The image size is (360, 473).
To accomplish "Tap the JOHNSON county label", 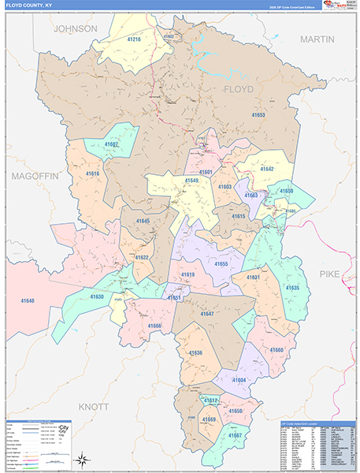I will pos(75,28).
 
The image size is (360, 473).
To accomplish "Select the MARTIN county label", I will pos(317,39).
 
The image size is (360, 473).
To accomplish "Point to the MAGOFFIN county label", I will pos(35,177).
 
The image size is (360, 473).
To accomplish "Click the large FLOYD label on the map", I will pos(239,89).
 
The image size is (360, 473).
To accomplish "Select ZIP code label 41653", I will pos(258,115).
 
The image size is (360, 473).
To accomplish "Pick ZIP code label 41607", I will pos(111,145).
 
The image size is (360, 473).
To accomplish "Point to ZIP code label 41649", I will pos(191,181).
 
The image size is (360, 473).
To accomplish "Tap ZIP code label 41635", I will pos(292,289).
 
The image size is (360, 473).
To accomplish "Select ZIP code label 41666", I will pos(154,326).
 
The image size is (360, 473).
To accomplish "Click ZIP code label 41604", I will pos(239,380).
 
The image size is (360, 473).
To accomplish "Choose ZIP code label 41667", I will pos(235,435).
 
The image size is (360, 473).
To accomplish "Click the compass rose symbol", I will pos(81,459).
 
